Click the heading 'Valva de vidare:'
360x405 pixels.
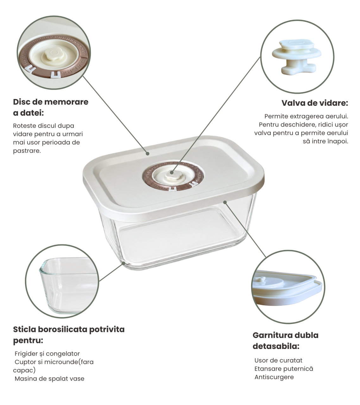coord(315,103)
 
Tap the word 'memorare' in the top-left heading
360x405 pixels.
coord(66,102)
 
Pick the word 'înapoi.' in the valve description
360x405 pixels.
coord(338,141)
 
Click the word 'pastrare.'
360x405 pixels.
coord(27,151)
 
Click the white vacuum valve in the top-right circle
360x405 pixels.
coord(297,57)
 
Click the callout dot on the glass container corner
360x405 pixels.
coord(124,263)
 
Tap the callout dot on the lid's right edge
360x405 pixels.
coord(225,202)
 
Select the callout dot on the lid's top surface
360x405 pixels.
coord(148,153)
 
